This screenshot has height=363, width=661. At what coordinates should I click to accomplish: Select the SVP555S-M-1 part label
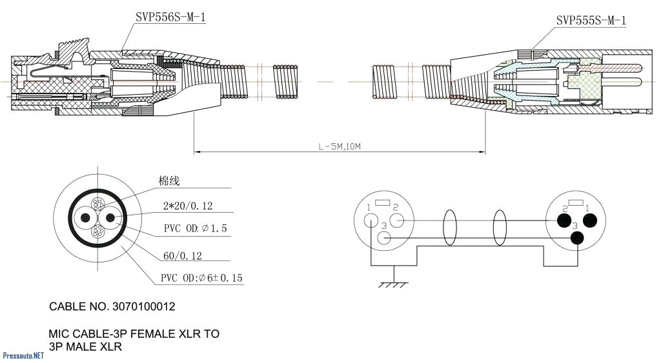(x=591, y=21)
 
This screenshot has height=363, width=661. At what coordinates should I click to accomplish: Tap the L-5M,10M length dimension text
(x=340, y=146)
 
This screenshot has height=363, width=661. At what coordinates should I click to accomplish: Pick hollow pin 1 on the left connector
(x=371, y=221)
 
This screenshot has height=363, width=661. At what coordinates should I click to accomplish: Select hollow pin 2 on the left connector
(x=397, y=221)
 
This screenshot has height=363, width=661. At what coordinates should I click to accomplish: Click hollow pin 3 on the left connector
(x=384, y=239)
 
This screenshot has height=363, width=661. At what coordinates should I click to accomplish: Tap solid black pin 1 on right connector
(x=589, y=221)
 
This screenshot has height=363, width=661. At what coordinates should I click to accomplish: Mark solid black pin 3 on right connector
(x=576, y=239)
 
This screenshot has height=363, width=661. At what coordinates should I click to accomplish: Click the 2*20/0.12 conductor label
(x=188, y=206)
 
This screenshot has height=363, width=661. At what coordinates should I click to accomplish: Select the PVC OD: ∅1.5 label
(x=194, y=229)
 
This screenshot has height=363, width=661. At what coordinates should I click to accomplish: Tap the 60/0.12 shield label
(x=183, y=256)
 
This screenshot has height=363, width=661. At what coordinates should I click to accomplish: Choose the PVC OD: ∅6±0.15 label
(x=202, y=279)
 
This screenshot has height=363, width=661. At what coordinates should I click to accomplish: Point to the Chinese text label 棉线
(x=169, y=181)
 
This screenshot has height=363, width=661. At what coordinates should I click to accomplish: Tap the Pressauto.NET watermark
(x=23, y=355)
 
